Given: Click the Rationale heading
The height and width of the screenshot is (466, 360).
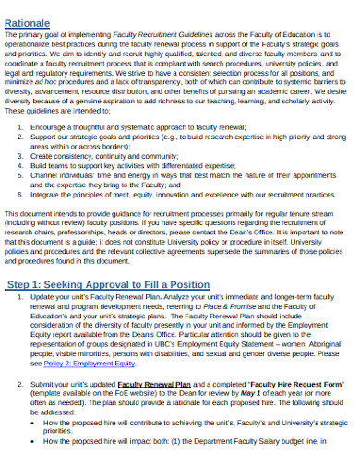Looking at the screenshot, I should click(x=34, y=13).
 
